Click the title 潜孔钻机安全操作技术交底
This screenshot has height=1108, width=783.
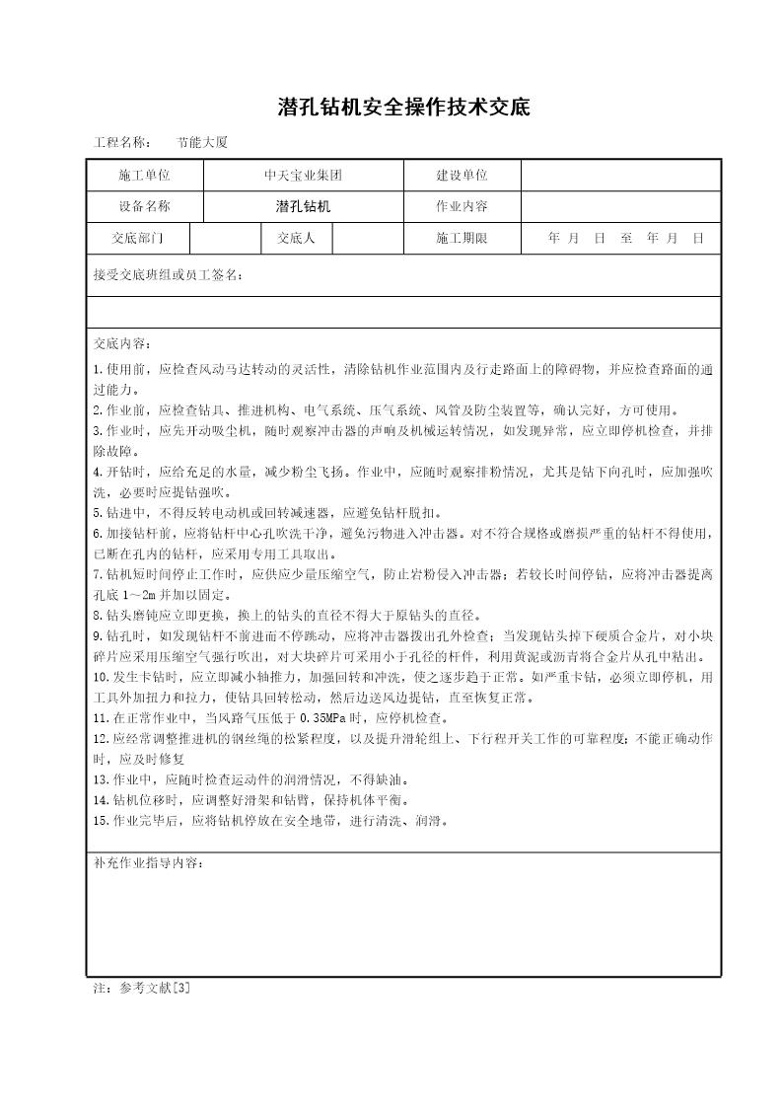[x=391, y=108]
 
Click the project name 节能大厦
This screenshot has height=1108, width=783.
[x=202, y=142]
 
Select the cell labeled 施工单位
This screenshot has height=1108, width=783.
[x=144, y=176]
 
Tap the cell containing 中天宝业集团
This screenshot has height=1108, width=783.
[x=303, y=176]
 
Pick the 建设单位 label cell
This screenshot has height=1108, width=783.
[x=462, y=176]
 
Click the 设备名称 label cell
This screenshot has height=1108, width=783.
[x=144, y=207]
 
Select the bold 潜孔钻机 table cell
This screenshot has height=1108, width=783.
[x=303, y=207]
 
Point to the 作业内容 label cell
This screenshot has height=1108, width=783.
[x=462, y=207]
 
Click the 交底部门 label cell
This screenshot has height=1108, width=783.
[x=138, y=239]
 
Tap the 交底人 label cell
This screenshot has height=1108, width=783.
[x=296, y=239]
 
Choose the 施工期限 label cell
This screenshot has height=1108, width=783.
[x=462, y=239]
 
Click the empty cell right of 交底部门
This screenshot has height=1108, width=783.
[x=225, y=239]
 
